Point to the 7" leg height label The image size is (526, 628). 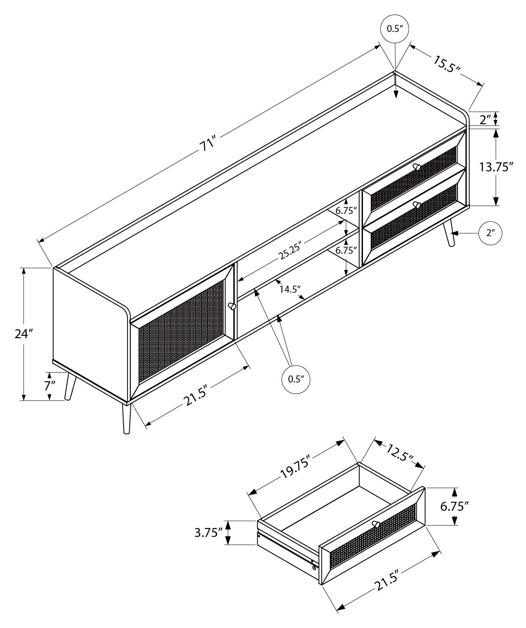50,386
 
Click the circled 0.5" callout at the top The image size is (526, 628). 394,29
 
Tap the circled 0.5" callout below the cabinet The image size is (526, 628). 295,379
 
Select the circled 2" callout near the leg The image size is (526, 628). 490,233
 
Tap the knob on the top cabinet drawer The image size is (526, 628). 417,166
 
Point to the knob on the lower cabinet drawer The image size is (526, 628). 417,205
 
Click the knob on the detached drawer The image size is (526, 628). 376,524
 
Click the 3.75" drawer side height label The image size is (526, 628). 209,532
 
